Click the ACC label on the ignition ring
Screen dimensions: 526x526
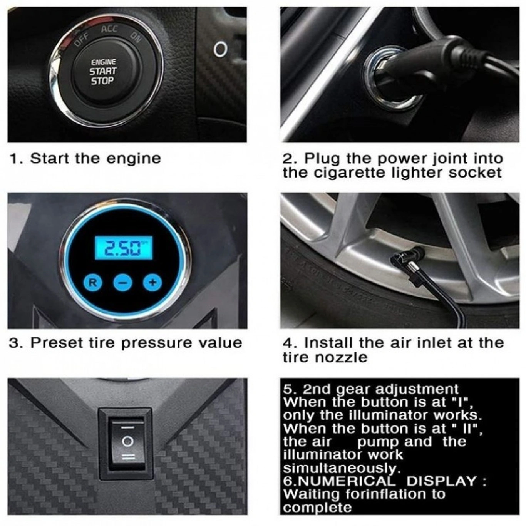click(x=109, y=28)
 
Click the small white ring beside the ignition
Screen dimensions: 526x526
click(x=220, y=49)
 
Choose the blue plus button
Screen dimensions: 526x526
click(x=153, y=282)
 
